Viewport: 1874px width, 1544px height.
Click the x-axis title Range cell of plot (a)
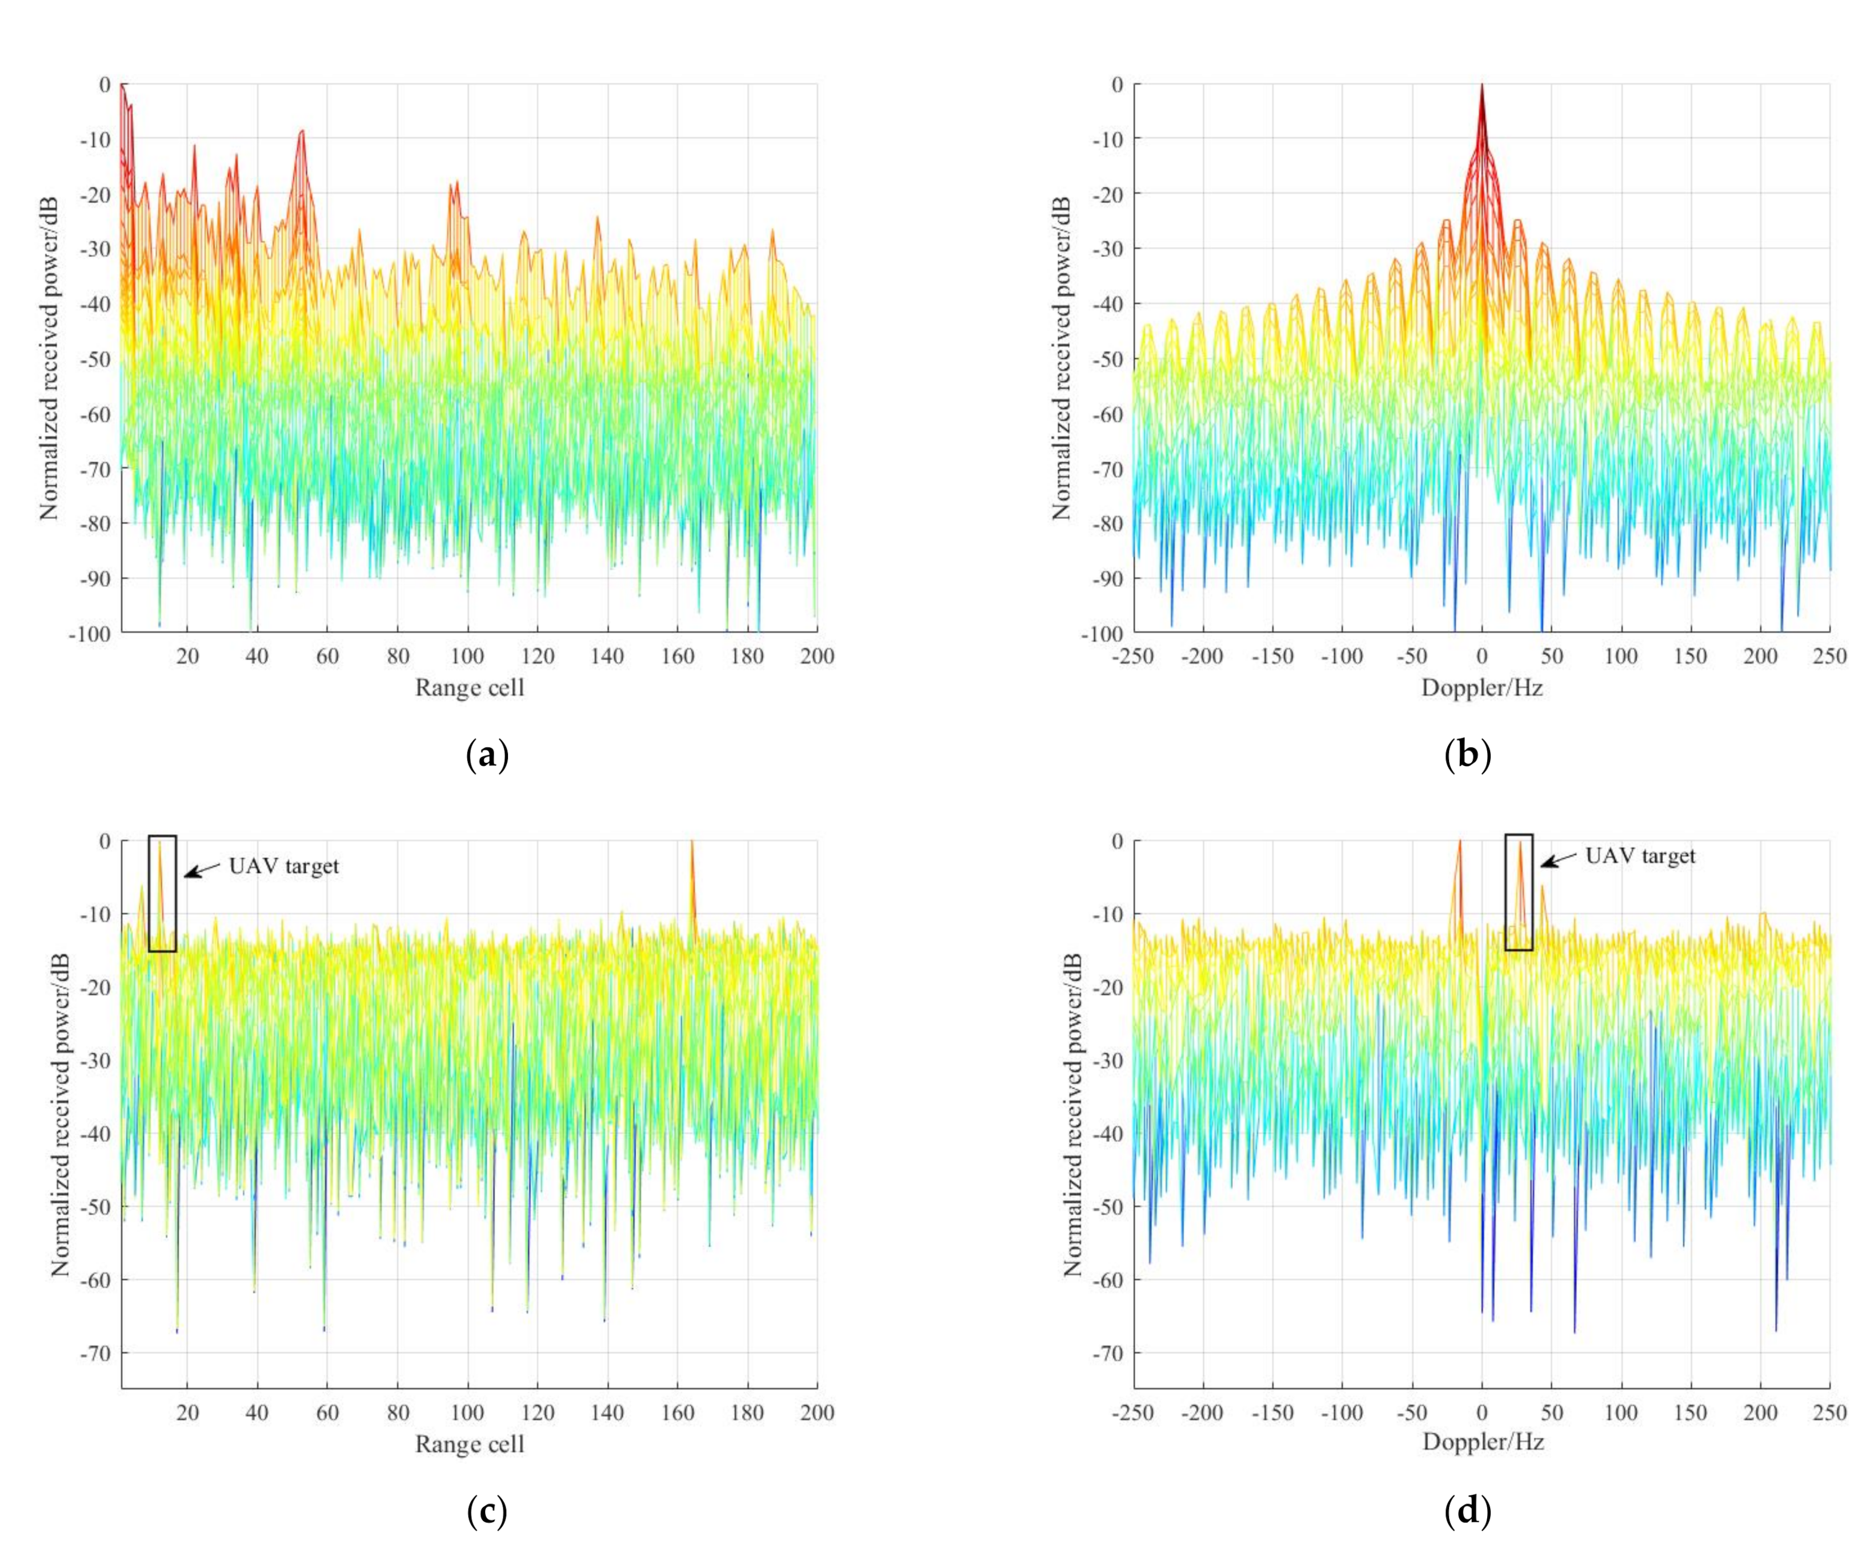470,687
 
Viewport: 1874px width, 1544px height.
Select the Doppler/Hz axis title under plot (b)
1481,687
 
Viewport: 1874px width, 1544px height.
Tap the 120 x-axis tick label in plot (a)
537,657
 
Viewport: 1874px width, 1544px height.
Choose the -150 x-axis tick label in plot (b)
1272,657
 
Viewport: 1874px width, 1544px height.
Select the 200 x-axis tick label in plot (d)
1759,1413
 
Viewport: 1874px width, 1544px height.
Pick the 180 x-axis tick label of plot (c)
747,1413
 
